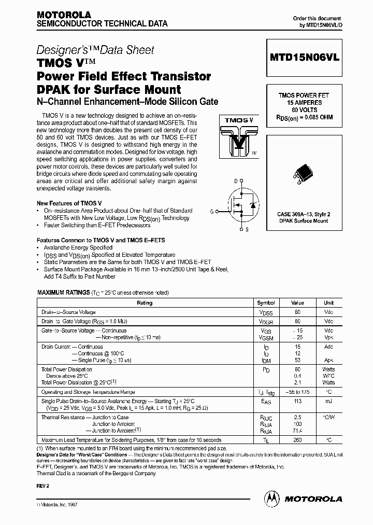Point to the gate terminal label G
[x=211, y=211]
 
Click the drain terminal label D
[x=236, y=181]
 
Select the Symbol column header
[x=266, y=302]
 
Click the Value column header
[x=298, y=302]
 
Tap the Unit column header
[x=329, y=302]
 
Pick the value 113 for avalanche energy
[x=298, y=401]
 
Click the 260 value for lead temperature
[x=298, y=440]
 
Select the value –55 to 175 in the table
[x=298, y=392]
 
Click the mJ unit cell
[x=329, y=401]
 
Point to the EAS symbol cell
[x=266, y=402]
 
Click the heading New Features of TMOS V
[x=69, y=203]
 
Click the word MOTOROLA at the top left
[x=64, y=15]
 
